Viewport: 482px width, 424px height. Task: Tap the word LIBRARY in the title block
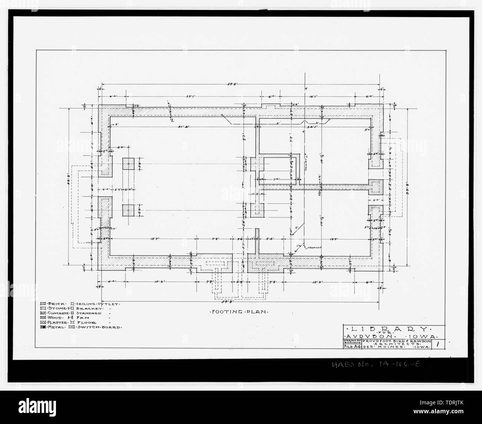coord(389,329)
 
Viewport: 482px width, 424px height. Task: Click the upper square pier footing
coord(128,164)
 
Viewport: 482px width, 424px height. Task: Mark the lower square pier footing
coord(128,210)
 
